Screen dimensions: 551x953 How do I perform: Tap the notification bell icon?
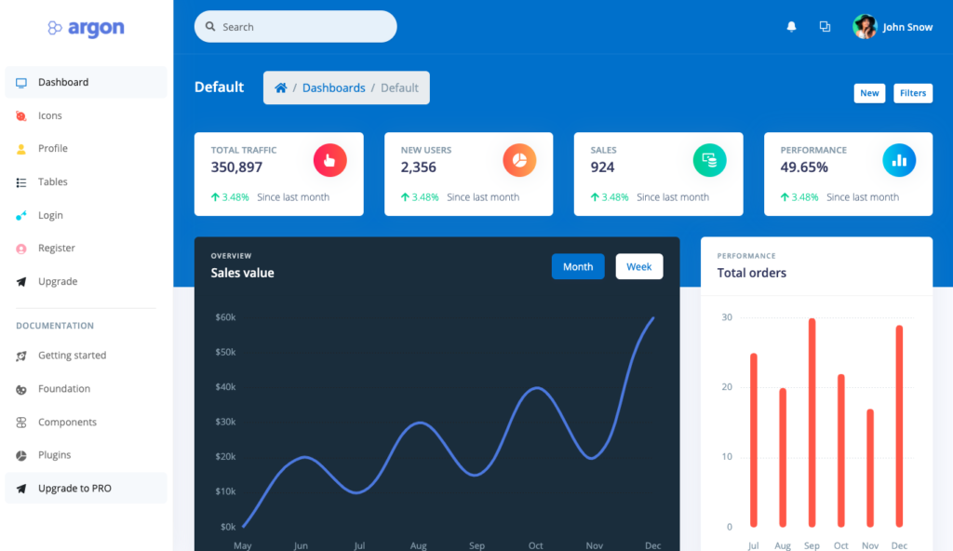791,27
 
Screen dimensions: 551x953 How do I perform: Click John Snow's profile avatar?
865,27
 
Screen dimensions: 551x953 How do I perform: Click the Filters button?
912,93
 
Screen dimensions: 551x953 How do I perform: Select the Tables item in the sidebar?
53,182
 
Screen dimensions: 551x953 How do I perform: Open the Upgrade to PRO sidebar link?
74,489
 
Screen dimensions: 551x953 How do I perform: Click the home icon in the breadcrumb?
280,87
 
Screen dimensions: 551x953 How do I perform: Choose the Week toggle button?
638,267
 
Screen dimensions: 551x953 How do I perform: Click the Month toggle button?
577,267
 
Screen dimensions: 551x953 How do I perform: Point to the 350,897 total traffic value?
236,168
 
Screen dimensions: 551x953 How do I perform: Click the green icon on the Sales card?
709,160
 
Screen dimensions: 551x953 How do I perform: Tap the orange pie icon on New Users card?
519,160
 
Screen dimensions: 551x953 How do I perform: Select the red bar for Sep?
812,423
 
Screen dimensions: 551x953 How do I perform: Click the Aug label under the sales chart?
418,545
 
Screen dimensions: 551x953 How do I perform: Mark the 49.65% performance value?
804,168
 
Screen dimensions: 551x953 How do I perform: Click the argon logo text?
96,28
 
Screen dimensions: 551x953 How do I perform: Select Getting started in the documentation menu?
72,356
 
